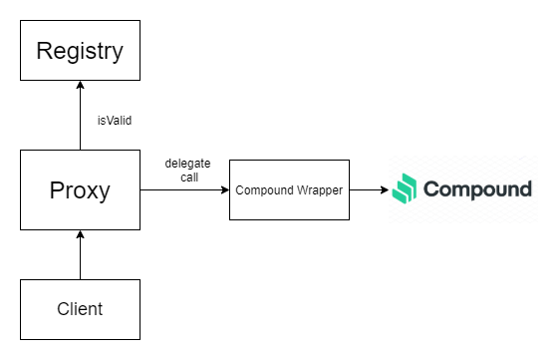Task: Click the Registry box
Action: [x=80, y=51]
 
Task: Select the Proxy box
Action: [x=80, y=189]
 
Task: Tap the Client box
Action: [x=80, y=309]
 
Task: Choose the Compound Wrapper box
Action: [x=289, y=189]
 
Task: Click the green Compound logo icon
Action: [x=404, y=188]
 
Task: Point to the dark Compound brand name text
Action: [x=477, y=189]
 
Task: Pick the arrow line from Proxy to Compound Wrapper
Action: [x=184, y=189]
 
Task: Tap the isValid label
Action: [x=116, y=120]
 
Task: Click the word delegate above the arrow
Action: [x=187, y=162]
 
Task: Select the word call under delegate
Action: [x=187, y=176]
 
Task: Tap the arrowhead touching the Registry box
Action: [x=80, y=87]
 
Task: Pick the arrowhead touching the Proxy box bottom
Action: [x=80, y=235]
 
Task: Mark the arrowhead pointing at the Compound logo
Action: [x=383, y=189]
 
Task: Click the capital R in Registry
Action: [x=45, y=51]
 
